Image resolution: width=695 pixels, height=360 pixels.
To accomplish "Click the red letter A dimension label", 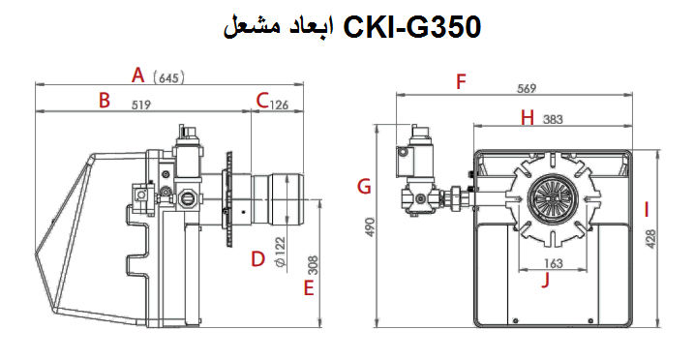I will click(x=138, y=75).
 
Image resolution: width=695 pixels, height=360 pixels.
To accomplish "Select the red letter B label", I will click(x=105, y=100).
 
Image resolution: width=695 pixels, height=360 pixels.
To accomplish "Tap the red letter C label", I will click(x=261, y=100).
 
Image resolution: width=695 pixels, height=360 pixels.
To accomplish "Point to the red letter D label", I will click(x=257, y=258).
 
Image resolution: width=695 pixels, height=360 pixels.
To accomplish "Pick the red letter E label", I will click(x=309, y=287).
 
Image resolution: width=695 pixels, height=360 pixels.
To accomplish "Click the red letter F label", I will click(x=462, y=81).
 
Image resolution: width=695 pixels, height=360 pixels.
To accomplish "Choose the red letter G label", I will click(x=364, y=186).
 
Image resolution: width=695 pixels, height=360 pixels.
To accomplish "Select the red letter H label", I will click(x=528, y=118).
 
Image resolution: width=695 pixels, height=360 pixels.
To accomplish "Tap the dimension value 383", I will click(x=553, y=120).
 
